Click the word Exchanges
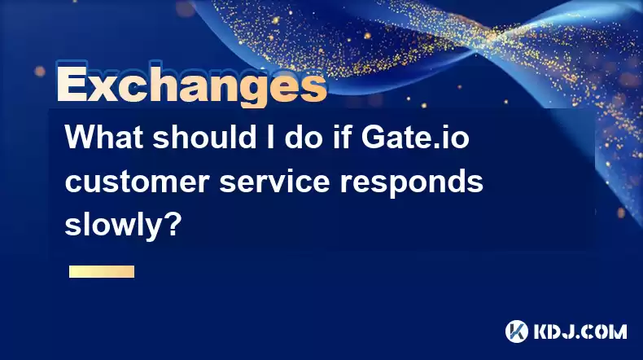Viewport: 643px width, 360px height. [x=191, y=85]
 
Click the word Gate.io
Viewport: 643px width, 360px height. [x=415, y=137]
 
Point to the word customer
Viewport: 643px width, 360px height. [x=138, y=182]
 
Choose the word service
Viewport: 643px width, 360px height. [x=274, y=181]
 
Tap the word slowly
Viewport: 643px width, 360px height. [x=116, y=225]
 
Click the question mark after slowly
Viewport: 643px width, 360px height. [x=175, y=224]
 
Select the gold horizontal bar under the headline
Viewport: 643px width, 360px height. [x=102, y=271]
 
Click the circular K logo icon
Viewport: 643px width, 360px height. [x=516, y=331]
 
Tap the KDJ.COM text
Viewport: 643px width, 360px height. [x=580, y=331]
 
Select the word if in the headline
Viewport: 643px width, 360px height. [x=344, y=137]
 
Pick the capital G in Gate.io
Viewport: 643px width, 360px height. [x=373, y=137]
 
